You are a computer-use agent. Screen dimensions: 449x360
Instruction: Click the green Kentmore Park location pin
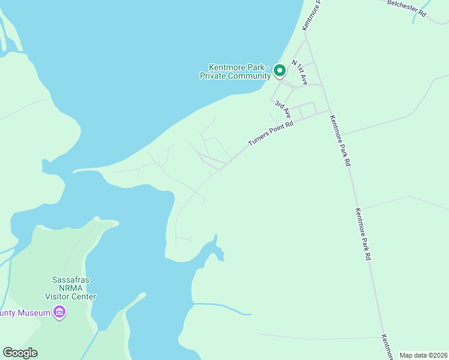[280, 71]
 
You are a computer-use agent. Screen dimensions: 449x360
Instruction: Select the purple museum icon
[59, 312]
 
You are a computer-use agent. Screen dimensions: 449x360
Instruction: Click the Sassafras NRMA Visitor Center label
[71, 288]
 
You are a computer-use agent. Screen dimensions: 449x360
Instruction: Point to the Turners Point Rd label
[271, 134]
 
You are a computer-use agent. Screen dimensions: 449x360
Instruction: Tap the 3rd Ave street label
[283, 109]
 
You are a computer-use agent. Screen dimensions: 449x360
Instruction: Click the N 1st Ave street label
[300, 72]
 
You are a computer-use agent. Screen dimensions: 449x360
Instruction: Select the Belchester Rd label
[406, 9]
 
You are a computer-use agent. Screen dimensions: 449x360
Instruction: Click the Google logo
[20, 353]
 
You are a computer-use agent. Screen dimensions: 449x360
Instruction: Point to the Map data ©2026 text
[424, 355]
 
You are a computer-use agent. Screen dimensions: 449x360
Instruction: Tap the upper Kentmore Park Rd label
[340, 140]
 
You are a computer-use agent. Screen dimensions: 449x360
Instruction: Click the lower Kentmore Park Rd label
[363, 233]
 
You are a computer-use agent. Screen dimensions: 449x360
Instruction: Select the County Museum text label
[25, 312]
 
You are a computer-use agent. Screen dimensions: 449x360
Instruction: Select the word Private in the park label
[214, 76]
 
